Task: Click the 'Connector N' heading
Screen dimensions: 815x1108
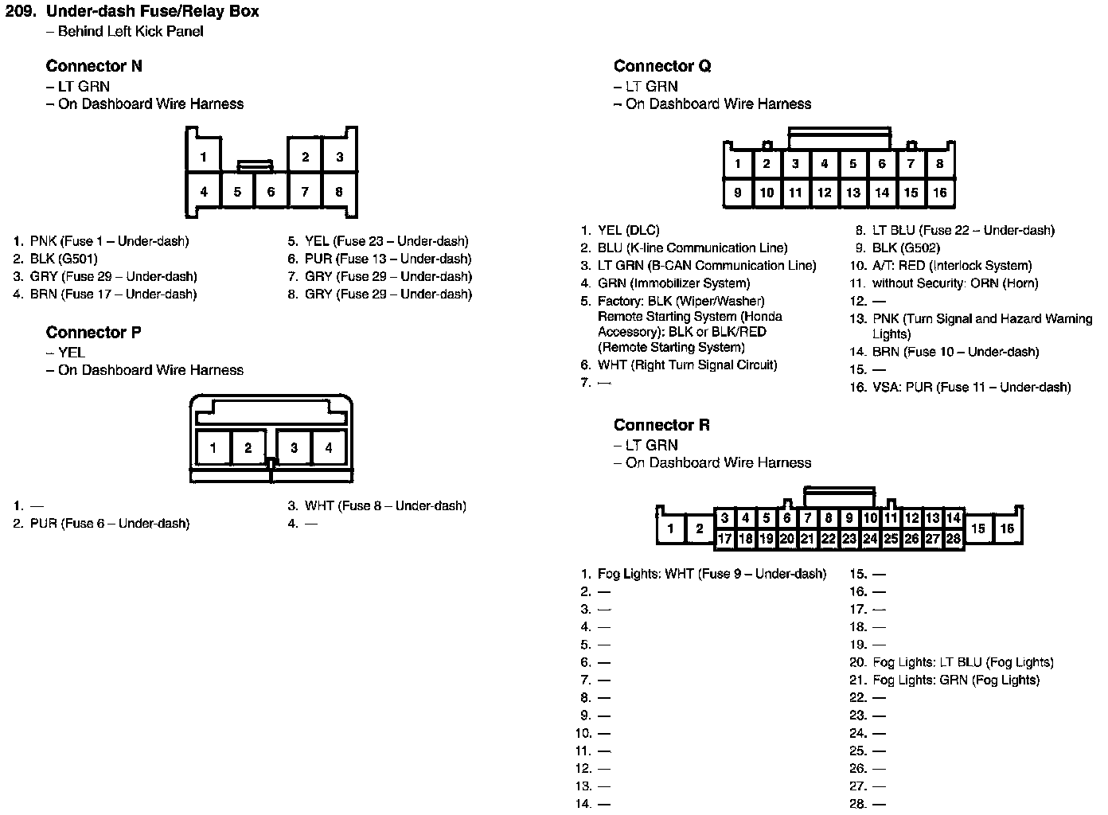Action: click(x=94, y=66)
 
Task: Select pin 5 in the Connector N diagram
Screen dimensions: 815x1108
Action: click(x=237, y=192)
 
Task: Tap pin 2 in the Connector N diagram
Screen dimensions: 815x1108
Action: click(x=305, y=157)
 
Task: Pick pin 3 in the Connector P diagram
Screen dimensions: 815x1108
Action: click(x=294, y=448)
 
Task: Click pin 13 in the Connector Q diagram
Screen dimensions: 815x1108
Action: click(x=853, y=193)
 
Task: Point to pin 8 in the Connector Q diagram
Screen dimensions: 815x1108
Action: click(x=939, y=164)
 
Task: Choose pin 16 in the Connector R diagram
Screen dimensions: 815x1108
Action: click(x=1007, y=528)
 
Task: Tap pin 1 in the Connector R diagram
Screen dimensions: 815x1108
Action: click(x=671, y=528)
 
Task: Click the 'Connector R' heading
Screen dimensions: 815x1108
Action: click(x=661, y=425)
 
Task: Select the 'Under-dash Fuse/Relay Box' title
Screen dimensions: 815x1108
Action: click(x=153, y=12)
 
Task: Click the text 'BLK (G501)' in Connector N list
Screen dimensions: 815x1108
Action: click(x=64, y=259)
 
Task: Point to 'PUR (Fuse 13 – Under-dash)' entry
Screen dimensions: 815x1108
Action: click(x=388, y=259)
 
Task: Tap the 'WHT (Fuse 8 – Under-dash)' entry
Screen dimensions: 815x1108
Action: click(x=385, y=506)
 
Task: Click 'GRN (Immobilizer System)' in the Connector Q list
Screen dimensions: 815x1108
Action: click(x=673, y=283)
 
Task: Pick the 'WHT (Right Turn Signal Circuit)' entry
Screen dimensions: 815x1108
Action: click(x=687, y=365)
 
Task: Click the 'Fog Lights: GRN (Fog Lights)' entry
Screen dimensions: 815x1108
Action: click(x=956, y=680)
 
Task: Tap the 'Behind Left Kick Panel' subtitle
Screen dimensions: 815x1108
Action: click(x=131, y=32)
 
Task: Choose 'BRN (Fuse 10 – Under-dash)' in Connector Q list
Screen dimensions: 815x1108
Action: click(x=955, y=352)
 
